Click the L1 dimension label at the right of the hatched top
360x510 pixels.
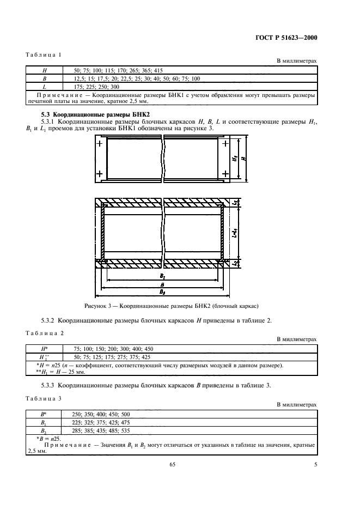[x=234, y=203]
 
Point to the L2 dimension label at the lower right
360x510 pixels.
[x=234, y=263]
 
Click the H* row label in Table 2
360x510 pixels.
[x=45, y=348]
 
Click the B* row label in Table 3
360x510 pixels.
[x=45, y=414]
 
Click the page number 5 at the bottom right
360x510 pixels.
[x=315, y=464]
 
